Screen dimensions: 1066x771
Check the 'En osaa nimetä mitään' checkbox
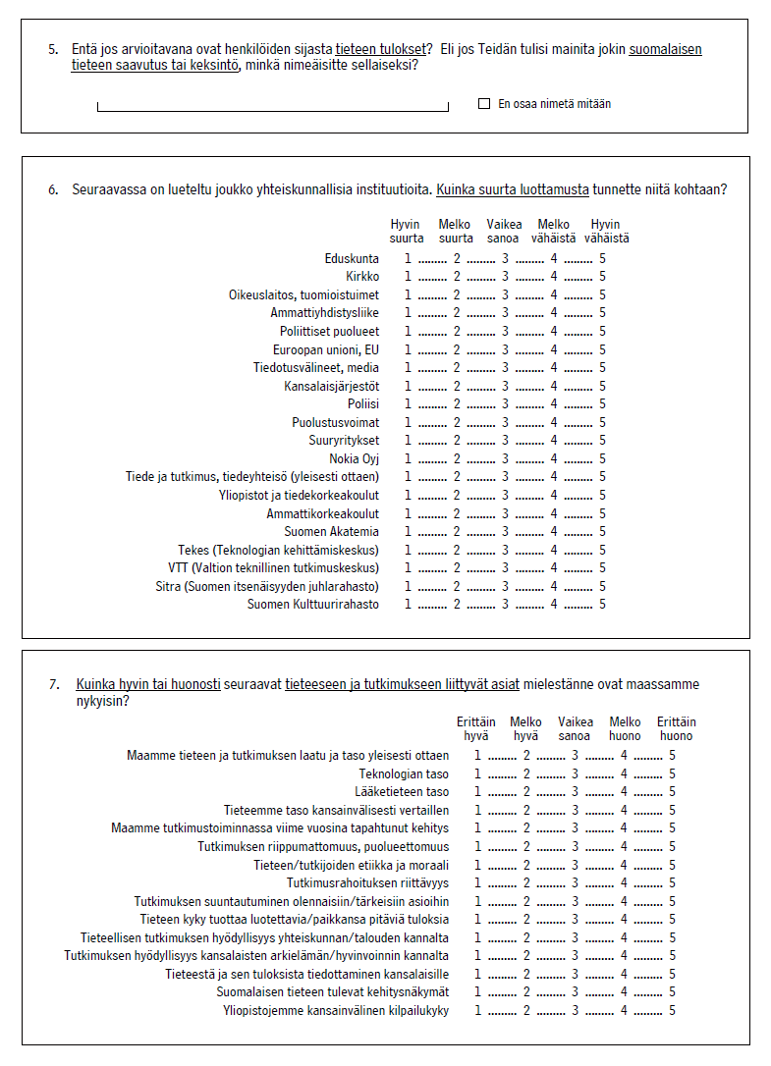tap(483, 103)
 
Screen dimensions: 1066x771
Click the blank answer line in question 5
tap(272, 107)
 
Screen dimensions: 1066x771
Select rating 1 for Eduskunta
tap(409, 259)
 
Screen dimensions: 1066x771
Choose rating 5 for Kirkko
tap(602, 277)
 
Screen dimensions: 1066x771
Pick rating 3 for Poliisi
tap(506, 404)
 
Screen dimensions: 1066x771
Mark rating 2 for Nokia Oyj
tap(457, 458)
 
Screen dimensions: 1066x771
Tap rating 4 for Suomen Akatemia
tap(554, 532)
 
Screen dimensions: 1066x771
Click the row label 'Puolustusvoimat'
tap(335, 422)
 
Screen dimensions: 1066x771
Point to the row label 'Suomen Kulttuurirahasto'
tap(312, 605)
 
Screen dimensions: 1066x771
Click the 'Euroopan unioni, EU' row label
tap(325, 349)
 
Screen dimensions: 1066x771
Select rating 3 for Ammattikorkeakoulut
tap(506, 513)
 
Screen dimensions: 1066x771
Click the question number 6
tap(53, 189)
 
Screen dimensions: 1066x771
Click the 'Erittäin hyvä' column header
tap(476, 728)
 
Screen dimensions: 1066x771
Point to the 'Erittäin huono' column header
tap(676, 728)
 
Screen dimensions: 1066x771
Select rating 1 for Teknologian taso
tap(478, 773)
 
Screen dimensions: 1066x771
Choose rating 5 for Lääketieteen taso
tap(673, 792)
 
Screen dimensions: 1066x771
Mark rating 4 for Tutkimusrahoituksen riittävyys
tap(624, 883)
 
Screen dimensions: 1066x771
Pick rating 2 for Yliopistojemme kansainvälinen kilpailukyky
tap(526, 1011)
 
